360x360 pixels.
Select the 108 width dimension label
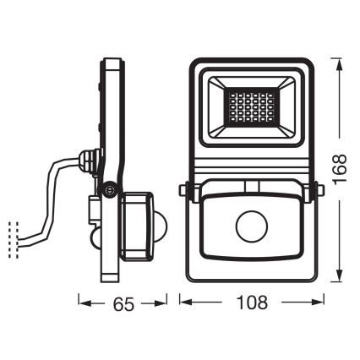tap(251, 302)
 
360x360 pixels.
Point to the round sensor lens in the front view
tap(250, 227)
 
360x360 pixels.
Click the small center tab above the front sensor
tap(251, 187)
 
